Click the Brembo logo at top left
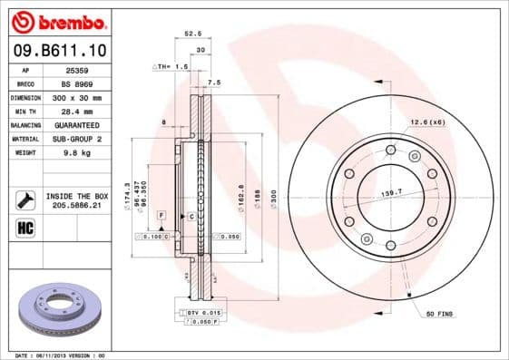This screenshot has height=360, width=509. point(56,21)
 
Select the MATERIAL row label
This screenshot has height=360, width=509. point(24,139)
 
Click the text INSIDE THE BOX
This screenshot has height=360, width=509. point(77,196)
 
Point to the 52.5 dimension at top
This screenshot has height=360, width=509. point(192,34)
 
